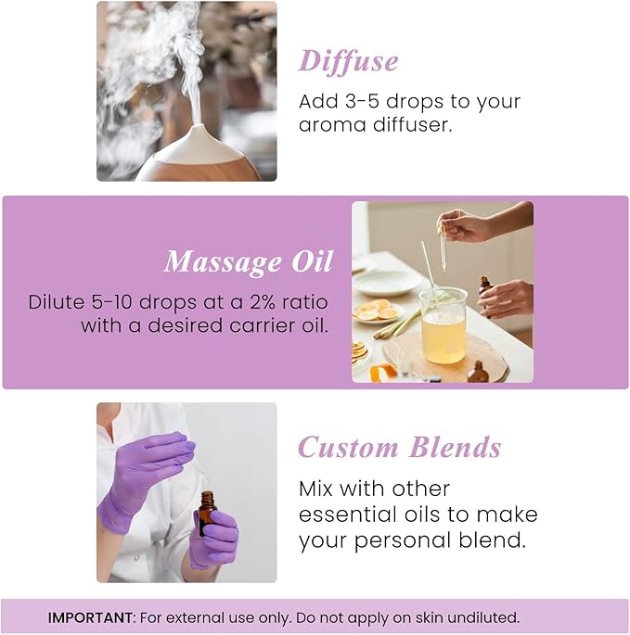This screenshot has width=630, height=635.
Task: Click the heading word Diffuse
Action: pos(348,61)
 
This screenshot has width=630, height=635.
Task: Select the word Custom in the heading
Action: pos(349,448)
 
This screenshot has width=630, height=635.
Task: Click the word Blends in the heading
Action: pos(456,448)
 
